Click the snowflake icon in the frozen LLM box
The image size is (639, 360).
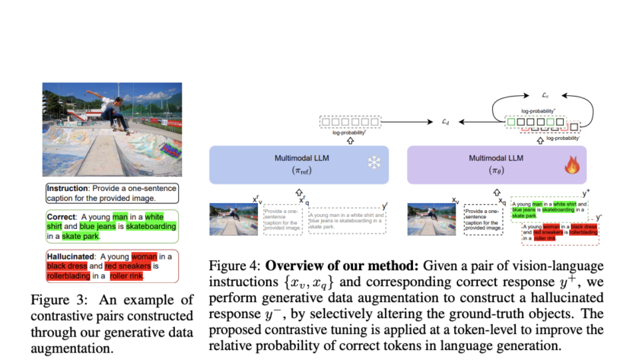[373, 163]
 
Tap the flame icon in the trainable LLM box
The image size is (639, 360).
[571, 164]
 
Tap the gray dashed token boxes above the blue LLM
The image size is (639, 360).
[349, 121]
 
